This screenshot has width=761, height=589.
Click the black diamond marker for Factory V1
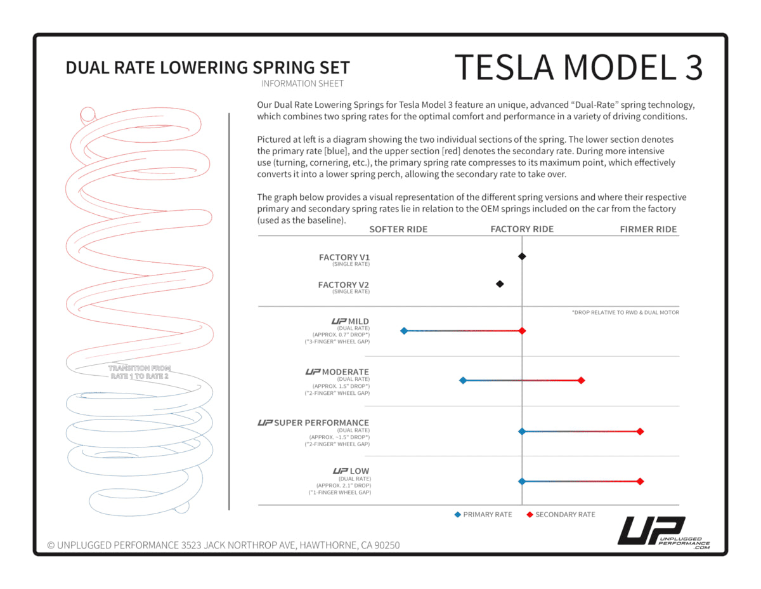[x=522, y=256]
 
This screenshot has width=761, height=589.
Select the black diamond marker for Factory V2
[x=500, y=284]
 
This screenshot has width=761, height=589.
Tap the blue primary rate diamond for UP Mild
[x=404, y=331]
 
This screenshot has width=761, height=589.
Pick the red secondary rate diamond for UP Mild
[x=522, y=331]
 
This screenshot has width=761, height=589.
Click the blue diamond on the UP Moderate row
[x=463, y=381]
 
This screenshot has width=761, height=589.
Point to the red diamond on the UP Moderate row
[x=581, y=381]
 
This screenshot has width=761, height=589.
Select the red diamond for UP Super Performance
[x=640, y=432]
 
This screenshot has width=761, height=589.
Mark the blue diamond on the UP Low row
[x=522, y=482]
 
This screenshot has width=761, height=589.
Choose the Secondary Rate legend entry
[x=561, y=515]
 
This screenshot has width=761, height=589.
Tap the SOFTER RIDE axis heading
[x=398, y=229]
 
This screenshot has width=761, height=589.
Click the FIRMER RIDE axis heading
[x=648, y=229]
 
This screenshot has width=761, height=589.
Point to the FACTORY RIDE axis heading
[x=522, y=229]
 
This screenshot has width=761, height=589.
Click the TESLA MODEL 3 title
[x=578, y=67]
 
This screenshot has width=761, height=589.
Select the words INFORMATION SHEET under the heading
[x=302, y=84]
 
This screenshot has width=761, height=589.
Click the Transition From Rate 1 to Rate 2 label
[x=139, y=372]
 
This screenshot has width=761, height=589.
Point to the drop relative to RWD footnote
[x=625, y=312]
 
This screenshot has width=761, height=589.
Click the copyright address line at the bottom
[x=223, y=545]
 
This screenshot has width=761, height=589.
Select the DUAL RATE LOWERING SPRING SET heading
[x=207, y=68]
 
